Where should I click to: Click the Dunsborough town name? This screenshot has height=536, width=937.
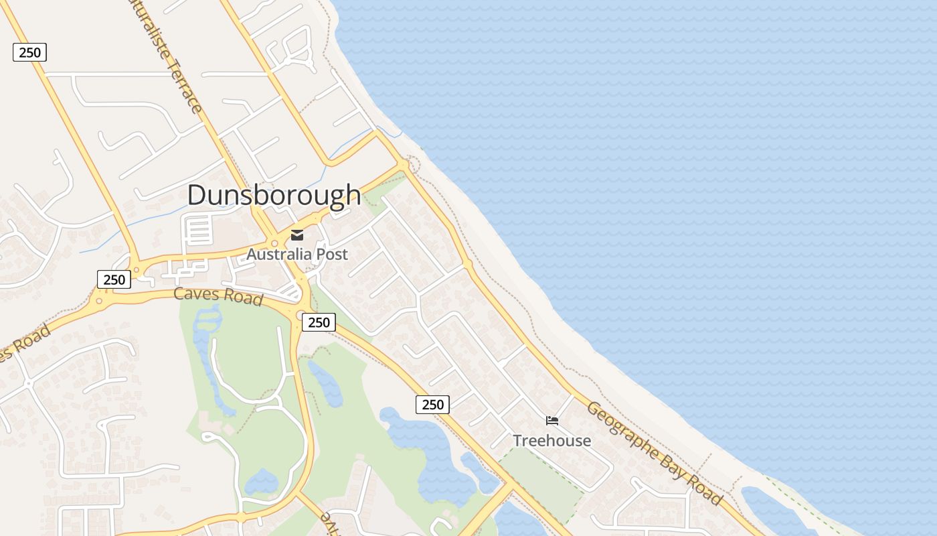point(274,195)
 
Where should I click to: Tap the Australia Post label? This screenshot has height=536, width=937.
point(297,255)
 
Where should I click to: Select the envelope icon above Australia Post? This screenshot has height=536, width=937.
point(297,234)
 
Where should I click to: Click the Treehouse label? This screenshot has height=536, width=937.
point(551,440)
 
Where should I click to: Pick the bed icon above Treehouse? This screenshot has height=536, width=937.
point(552,421)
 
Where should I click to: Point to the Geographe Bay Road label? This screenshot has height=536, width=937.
point(654,453)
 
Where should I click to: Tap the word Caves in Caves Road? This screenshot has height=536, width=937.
point(195,293)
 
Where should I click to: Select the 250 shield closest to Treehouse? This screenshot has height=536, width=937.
point(432,404)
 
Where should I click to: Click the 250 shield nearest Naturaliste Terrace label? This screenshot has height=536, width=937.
point(29,52)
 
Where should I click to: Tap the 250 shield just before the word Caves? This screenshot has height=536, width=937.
point(114,279)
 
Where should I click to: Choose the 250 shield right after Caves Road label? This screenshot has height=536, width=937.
point(319,322)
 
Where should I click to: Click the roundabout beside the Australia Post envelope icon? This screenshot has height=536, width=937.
point(274,243)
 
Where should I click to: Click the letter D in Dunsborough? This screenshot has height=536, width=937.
point(196,195)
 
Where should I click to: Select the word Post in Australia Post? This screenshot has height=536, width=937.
point(332,255)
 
